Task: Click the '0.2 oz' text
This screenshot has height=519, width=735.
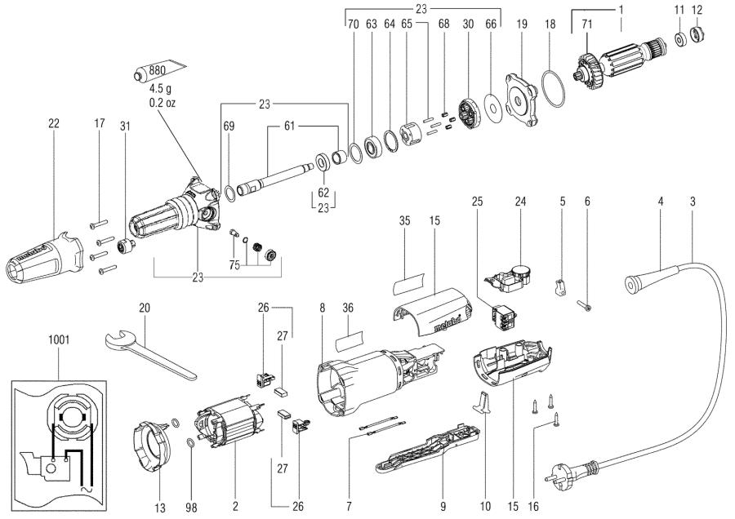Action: [x=162, y=103]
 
